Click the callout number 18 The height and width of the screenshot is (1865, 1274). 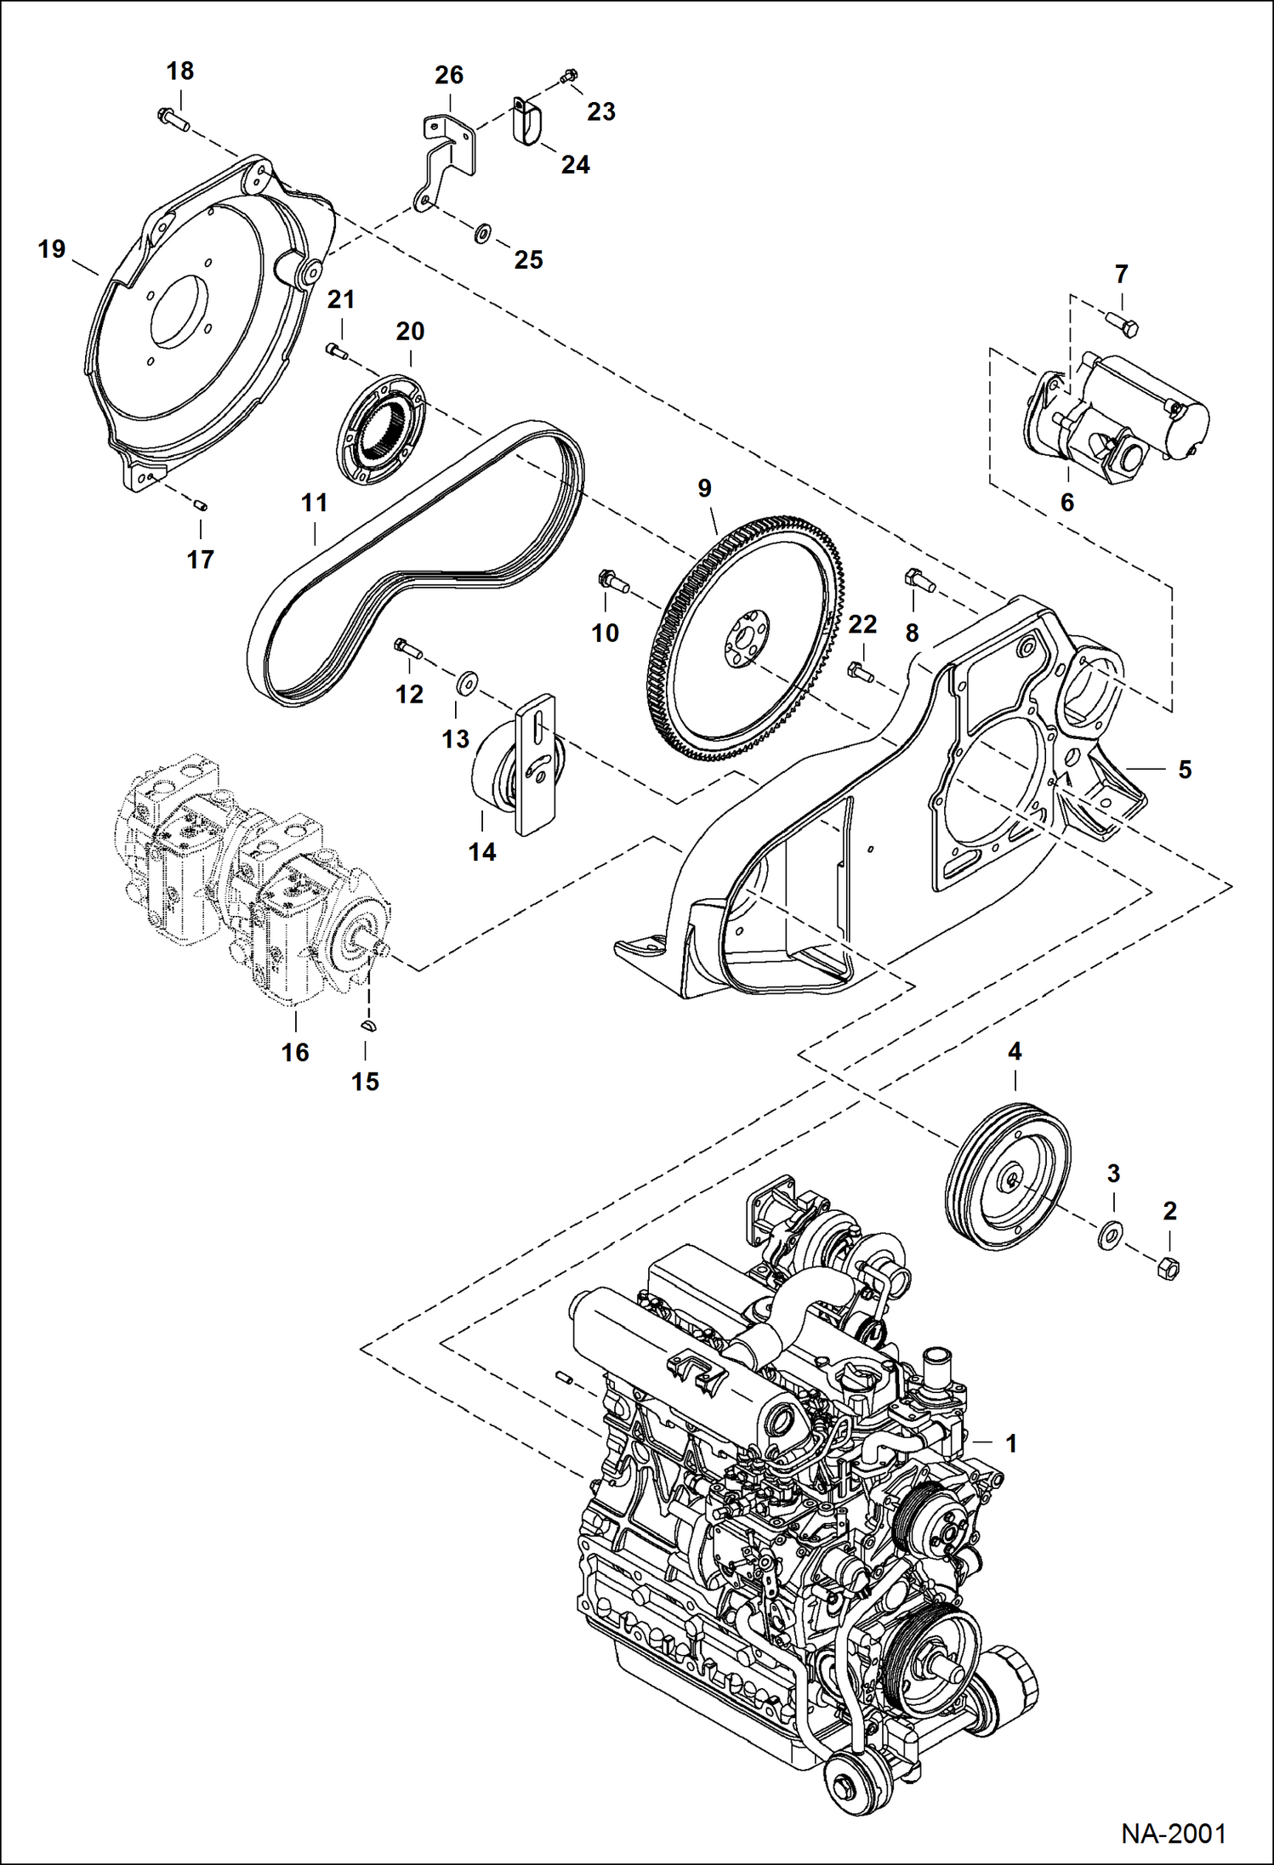tap(180, 71)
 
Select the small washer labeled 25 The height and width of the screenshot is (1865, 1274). tap(482, 231)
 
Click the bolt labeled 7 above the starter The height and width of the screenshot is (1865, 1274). tap(1123, 323)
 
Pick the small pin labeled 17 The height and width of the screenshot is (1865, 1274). tap(202, 505)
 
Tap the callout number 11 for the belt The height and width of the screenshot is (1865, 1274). tap(315, 503)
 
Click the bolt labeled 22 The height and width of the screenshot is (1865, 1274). tap(861, 674)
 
